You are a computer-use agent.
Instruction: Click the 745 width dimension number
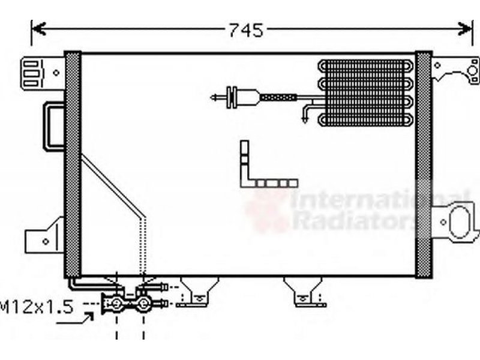pyautogui.click(x=246, y=31)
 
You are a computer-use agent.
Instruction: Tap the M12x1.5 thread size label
pyautogui.click(x=37, y=307)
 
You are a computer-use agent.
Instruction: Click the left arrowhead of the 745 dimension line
pyautogui.click(x=38, y=29)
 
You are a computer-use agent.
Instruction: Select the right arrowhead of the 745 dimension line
pyautogui.click(x=464, y=29)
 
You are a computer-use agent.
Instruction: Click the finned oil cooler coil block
pyautogui.click(x=366, y=93)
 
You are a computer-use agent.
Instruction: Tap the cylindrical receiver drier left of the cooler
pyautogui.click(x=245, y=97)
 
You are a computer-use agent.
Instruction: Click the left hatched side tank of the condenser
pyautogui.click(x=73, y=164)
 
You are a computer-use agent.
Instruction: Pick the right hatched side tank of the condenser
pyautogui.click(x=424, y=164)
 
